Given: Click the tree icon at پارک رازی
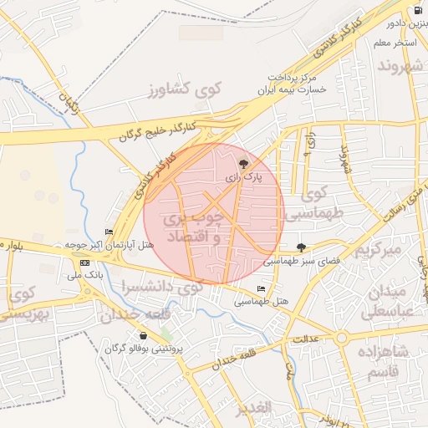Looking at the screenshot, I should coord(242,164).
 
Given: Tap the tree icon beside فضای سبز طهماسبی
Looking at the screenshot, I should coord(301,247).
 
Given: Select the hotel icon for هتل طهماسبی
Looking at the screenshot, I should coord(262,289).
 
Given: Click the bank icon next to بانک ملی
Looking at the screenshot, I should coord(84,262).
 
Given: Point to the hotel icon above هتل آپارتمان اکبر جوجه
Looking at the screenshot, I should coord(108,232).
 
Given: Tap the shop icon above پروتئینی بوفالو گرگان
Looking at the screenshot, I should coord(143,335).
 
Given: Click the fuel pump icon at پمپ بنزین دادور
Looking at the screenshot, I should coord(417,13).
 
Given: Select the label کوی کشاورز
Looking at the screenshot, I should coord(182,89).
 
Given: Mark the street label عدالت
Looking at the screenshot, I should coord(306,340).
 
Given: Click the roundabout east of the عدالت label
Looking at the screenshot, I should coord(342,339).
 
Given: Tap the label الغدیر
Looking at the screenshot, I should coord(252,407).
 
